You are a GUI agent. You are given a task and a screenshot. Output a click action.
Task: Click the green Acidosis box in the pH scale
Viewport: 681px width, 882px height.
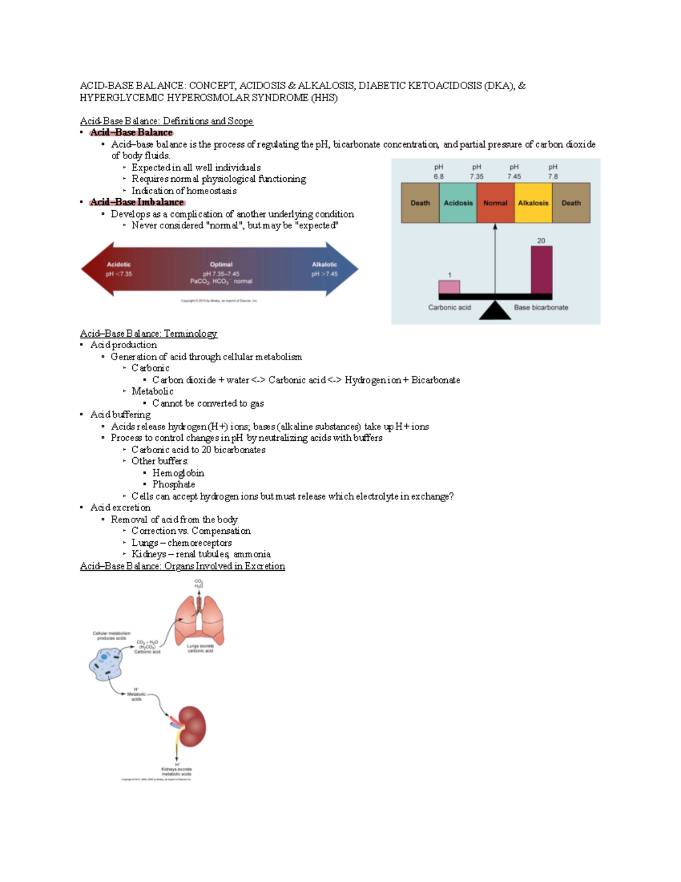[x=458, y=203]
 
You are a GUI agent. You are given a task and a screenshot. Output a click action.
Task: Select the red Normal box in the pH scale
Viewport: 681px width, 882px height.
[x=495, y=203]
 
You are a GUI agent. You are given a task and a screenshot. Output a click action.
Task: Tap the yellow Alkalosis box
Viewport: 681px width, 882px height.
[x=533, y=203]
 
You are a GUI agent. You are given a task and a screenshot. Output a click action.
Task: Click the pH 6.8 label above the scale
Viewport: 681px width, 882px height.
[x=439, y=172]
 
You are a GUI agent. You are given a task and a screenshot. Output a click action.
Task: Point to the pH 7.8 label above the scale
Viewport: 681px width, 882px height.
[x=553, y=172]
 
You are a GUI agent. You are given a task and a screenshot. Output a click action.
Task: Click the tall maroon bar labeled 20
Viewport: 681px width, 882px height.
[x=541, y=270]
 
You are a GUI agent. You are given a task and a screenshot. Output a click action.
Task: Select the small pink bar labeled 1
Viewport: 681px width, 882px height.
[x=449, y=287]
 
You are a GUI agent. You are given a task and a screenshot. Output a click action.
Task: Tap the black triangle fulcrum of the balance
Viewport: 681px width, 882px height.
[x=495, y=310]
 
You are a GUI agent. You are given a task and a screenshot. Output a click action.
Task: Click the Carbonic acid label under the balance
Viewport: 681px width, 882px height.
[x=449, y=307]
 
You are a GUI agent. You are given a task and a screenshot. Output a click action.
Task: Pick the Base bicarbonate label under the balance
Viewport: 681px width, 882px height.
[x=541, y=307]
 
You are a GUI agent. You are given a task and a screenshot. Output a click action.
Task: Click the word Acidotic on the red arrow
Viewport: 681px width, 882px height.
[x=119, y=265]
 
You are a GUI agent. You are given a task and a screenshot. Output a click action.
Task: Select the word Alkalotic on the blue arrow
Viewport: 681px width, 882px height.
[x=324, y=265]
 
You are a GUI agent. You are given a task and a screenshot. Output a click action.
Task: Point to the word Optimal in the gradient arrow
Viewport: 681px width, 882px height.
[x=221, y=265]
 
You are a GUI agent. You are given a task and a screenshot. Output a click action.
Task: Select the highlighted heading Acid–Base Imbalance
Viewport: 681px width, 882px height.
[x=137, y=202]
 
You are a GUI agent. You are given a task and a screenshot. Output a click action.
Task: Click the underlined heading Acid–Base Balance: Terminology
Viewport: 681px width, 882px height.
[x=149, y=333]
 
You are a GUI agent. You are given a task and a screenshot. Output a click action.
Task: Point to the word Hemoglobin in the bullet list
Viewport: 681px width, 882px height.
[x=178, y=473]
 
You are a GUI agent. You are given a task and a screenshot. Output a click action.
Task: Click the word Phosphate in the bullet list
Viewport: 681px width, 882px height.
[x=174, y=484]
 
